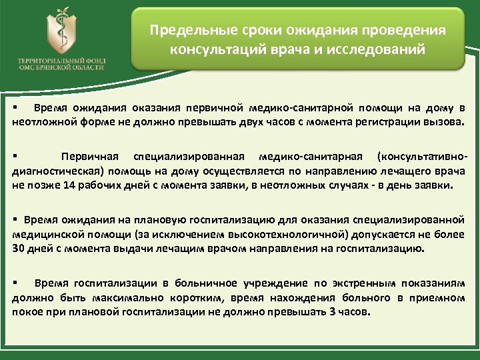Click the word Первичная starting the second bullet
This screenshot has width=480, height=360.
tap(90, 157)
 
